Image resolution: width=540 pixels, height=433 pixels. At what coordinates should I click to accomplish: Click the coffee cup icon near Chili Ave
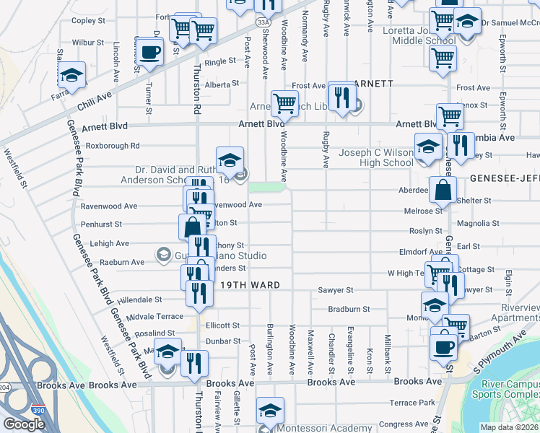click(x=150, y=53)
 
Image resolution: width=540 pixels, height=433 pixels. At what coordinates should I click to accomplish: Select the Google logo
click(x=24, y=424)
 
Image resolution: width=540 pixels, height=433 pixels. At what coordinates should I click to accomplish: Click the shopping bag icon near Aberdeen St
click(x=443, y=191)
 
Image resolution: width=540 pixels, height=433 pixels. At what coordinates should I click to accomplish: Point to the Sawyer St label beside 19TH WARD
click(x=335, y=290)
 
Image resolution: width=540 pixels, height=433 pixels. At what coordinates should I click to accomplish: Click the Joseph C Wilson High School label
click(x=366, y=157)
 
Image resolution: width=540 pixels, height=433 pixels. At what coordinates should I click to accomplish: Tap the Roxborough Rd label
click(x=112, y=146)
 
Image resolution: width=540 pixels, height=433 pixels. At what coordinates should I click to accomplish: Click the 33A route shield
click(x=266, y=22)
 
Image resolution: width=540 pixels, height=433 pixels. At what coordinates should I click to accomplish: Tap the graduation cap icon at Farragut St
click(x=71, y=76)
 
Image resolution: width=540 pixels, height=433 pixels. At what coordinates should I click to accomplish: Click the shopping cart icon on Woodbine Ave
click(x=284, y=103)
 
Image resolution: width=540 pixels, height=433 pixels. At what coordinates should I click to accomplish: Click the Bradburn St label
click(x=349, y=309)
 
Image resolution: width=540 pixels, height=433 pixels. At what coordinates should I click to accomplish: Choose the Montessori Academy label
click(x=325, y=428)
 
